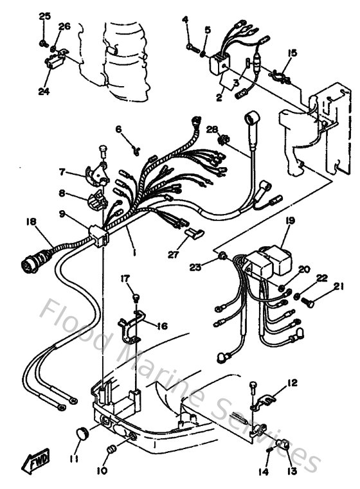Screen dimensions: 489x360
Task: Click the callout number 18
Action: pyautogui.click(x=31, y=221)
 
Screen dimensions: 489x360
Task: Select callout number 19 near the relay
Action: pyautogui.click(x=290, y=221)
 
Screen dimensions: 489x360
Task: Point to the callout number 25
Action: pyautogui.click(x=44, y=15)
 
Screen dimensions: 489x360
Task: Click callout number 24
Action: pyautogui.click(x=44, y=92)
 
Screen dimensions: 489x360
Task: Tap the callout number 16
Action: pyautogui.click(x=161, y=326)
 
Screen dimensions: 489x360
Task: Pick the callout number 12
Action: pyautogui.click(x=292, y=384)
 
